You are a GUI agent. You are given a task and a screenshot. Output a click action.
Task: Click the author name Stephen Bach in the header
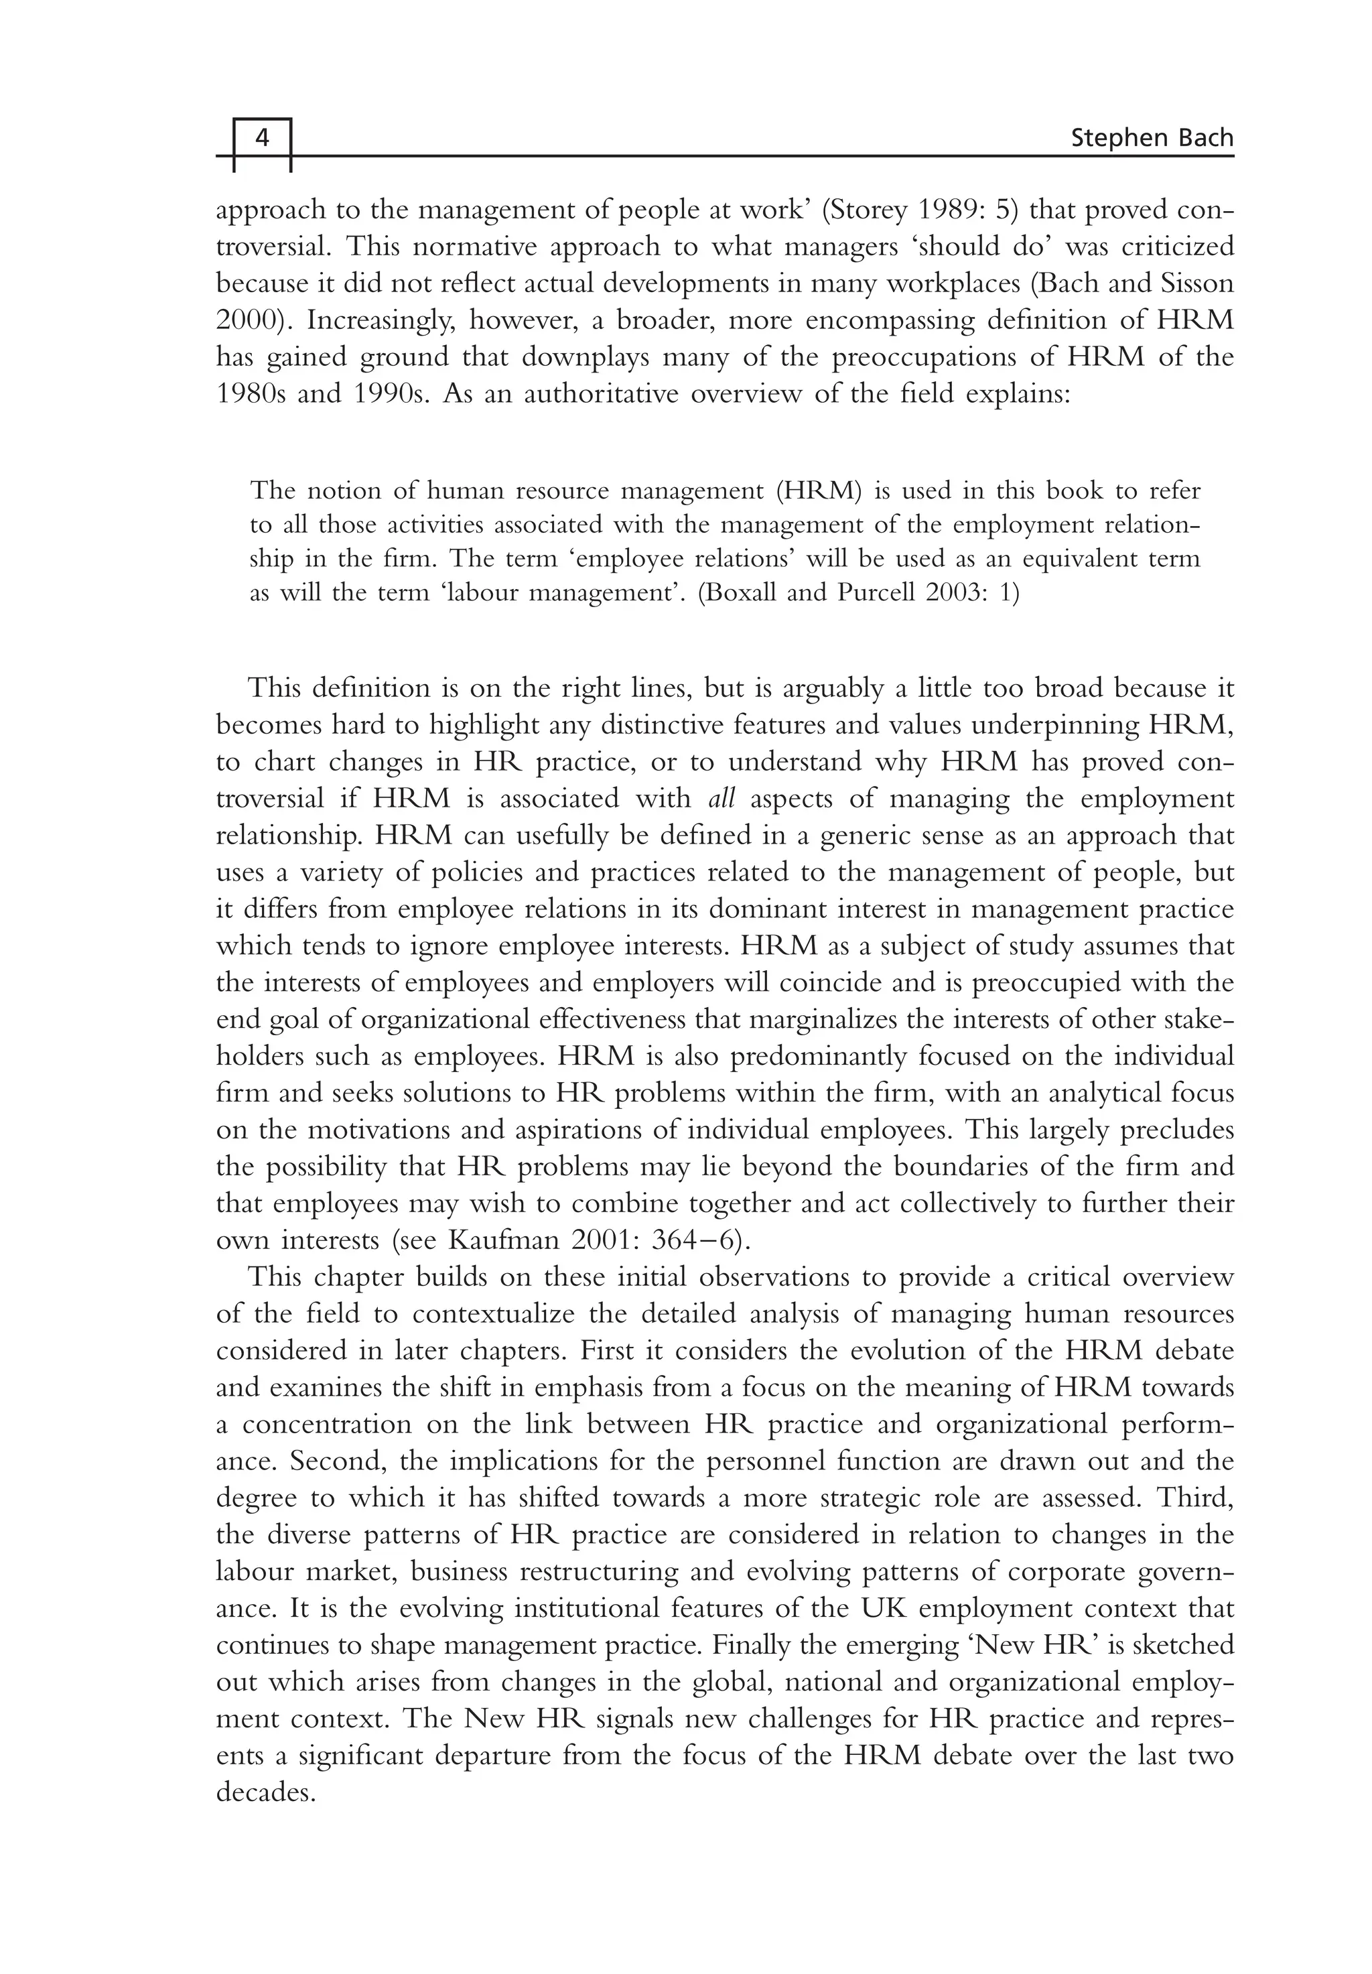1152,137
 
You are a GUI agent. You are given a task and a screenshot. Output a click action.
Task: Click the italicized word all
720,799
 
